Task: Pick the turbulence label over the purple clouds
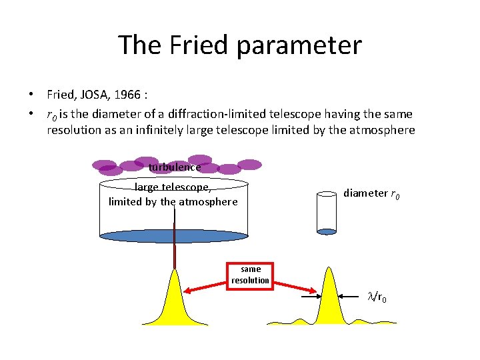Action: [x=175, y=167]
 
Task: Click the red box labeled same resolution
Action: [x=251, y=275]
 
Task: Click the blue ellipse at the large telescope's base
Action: [x=174, y=236]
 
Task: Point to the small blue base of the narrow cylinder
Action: [x=327, y=232]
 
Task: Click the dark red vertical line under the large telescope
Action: [x=175, y=247]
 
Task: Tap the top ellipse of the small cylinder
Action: [x=327, y=194]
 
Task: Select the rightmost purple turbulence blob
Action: [x=249, y=164]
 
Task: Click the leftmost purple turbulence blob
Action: [x=104, y=164]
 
